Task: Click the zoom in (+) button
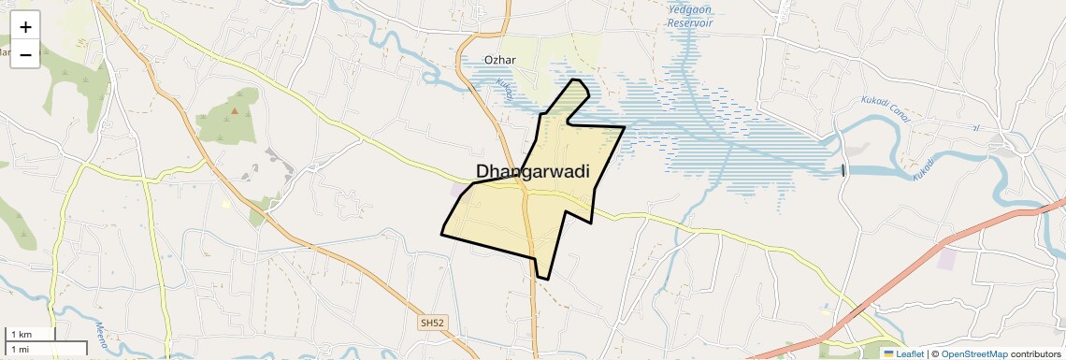click(25, 27)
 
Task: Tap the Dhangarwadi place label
click(539, 171)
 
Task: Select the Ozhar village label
click(500, 61)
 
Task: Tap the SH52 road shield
click(433, 323)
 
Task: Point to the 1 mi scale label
click(19, 349)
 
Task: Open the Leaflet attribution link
click(910, 353)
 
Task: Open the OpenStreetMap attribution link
click(974, 353)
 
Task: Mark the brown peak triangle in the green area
click(235, 112)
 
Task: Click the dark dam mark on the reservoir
click(843, 169)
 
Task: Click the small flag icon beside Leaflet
click(889, 353)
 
